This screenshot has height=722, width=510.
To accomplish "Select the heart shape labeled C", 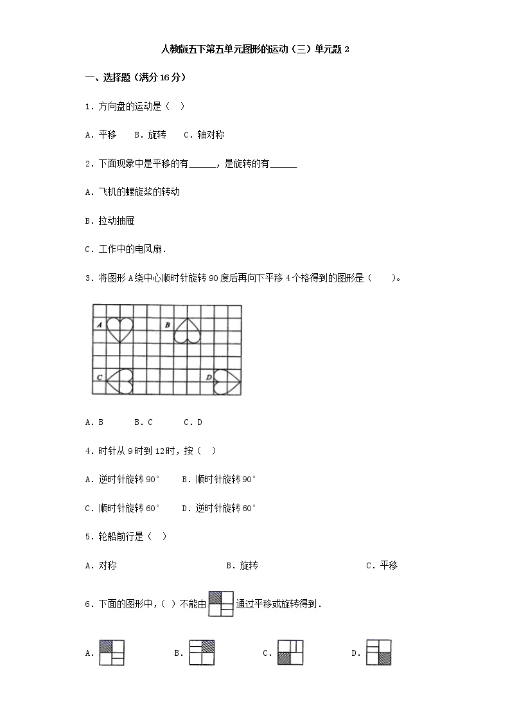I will (x=119, y=381).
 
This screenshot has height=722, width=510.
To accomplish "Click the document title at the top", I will (x=254, y=50).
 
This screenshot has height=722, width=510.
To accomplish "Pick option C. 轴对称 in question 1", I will (x=204, y=135).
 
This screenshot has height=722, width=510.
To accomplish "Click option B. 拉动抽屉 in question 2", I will (x=110, y=221).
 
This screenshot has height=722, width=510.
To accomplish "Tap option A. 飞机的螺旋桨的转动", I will (x=132, y=192).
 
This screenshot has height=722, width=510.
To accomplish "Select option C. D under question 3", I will (x=193, y=422).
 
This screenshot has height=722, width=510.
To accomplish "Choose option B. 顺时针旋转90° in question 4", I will (x=219, y=479).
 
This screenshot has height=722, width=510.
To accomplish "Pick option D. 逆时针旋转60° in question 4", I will (x=219, y=508).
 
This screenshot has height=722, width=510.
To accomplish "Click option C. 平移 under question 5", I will (x=382, y=566).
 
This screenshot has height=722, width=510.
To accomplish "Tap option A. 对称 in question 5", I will (x=101, y=566).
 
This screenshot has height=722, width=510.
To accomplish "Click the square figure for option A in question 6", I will (x=111, y=653).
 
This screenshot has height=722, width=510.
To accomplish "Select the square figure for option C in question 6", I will (x=290, y=653).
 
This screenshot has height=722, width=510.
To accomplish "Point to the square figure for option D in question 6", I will (x=378, y=653).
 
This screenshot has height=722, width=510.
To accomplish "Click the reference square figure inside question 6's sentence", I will (x=220, y=604).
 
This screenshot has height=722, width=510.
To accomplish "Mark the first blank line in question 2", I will (x=203, y=165).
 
